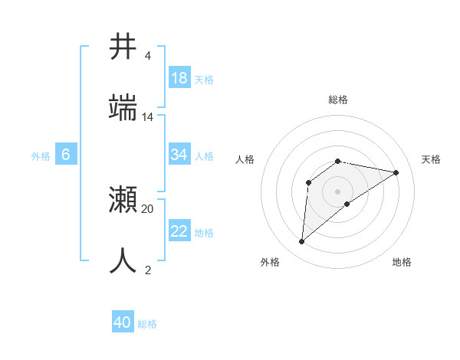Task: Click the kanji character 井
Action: pyautogui.click(x=123, y=46)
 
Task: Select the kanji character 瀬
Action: pyautogui.click(x=123, y=200)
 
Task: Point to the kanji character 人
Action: pyautogui.click(x=123, y=260)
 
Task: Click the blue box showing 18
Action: pyautogui.click(x=179, y=78)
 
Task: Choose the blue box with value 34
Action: pyautogui.click(x=179, y=155)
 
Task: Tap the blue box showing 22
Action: pyautogui.click(x=179, y=231)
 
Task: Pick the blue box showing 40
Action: pyautogui.click(x=123, y=322)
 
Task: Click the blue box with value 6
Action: pyautogui.click(x=66, y=155)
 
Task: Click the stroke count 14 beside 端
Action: pyautogui.click(x=148, y=117)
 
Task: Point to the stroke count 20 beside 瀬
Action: pyautogui.click(x=148, y=208)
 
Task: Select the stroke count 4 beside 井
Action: pyautogui.click(x=147, y=56)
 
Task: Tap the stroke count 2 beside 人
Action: pyautogui.click(x=147, y=270)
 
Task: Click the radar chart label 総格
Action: pyautogui.click(x=338, y=100)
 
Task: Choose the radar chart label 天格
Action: pyautogui.click(x=431, y=159)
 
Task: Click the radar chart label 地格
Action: pyautogui.click(x=402, y=262)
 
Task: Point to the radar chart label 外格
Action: pyautogui.click(x=270, y=262)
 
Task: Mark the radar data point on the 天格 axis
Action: pyautogui.click(x=396, y=172)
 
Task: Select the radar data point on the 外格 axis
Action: pyautogui.click(x=302, y=242)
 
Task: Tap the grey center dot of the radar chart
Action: pyautogui.click(x=338, y=191)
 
